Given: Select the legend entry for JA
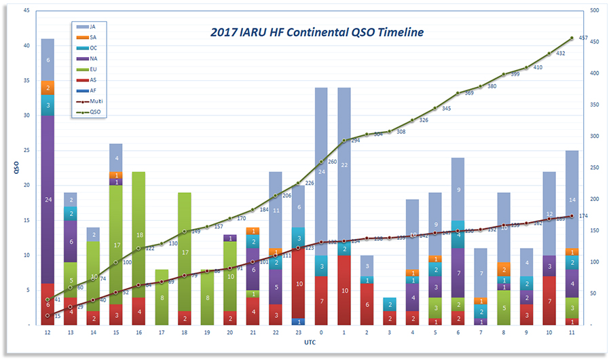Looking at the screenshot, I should click(x=92, y=26).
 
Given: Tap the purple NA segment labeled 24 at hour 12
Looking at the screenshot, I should click(x=48, y=199).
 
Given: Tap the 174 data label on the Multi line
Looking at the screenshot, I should click(x=582, y=215).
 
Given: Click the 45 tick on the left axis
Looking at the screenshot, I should click(x=26, y=11).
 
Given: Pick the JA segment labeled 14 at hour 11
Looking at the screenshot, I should click(x=572, y=200).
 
